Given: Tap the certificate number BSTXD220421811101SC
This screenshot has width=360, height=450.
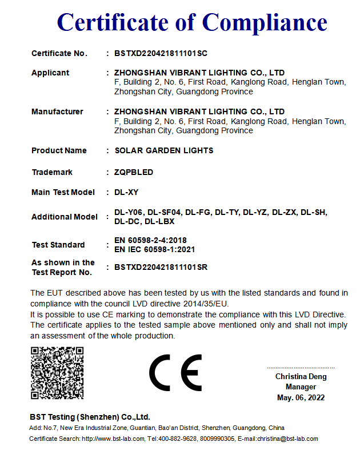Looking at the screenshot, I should click(x=161, y=53).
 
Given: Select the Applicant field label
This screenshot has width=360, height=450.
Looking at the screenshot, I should click(x=50, y=73).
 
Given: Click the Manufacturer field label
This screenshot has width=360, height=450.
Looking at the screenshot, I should click(x=57, y=111).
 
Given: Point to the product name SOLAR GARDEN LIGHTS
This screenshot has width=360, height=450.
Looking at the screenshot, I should click(x=163, y=150).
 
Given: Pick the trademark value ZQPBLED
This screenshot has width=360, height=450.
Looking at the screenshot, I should click(x=134, y=172).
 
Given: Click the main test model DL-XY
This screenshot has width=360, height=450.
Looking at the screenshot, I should click(x=126, y=192).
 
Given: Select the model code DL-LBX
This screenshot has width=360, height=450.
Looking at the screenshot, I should click(x=159, y=221).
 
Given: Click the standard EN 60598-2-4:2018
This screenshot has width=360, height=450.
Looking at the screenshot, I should click(x=150, y=240).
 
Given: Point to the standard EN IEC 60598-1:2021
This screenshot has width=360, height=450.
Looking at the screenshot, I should click(x=155, y=249).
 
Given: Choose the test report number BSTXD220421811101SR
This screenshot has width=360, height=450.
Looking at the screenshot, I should click(x=161, y=267).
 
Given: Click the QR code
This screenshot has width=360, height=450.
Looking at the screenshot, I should click(x=57, y=373).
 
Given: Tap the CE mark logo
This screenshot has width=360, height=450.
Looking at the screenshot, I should click(x=175, y=372).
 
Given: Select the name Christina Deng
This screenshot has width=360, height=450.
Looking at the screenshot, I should click(x=301, y=377).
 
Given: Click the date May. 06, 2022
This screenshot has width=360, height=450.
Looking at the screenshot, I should click(x=301, y=397).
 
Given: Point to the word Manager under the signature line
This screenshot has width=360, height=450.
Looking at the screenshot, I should click(x=301, y=387).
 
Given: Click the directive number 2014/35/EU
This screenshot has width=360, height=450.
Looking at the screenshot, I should click(x=205, y=304).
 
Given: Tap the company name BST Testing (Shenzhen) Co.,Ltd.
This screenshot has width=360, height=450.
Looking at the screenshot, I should click(x=90, y=417).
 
